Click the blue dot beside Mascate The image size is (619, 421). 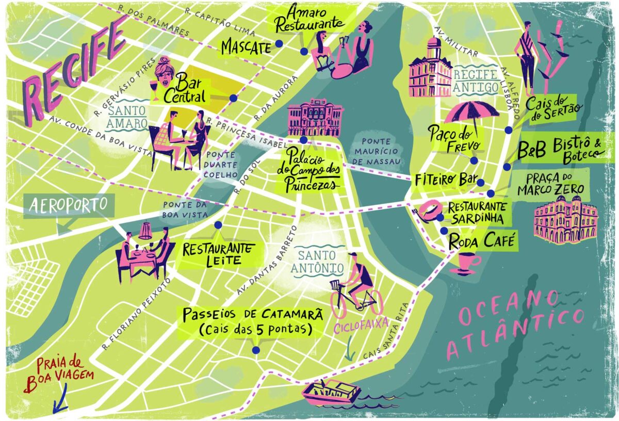pos(279,44)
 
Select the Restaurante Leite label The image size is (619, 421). pos(218,253)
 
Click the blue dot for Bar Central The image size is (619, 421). pos(233,98)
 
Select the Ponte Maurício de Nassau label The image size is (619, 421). pos(380,152)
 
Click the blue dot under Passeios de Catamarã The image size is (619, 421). pos(256,350)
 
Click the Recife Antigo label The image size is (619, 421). pos(476,80)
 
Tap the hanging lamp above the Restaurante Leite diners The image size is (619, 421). pos(145,230)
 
